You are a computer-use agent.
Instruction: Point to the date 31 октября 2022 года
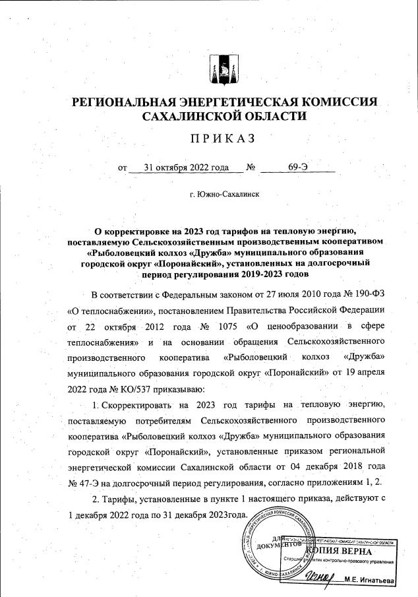click(176, 167)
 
